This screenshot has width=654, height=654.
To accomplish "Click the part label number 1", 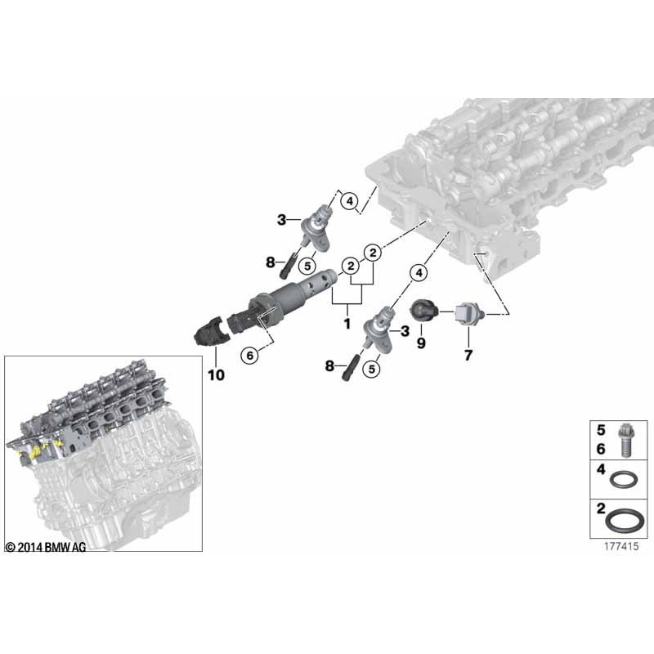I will pos(347,324).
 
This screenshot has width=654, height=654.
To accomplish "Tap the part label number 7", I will pos(468,356).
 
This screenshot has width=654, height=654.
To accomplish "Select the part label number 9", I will pos(422,344).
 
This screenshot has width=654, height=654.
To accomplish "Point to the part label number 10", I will pos(216,375).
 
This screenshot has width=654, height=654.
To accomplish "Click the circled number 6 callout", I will pos(251,354).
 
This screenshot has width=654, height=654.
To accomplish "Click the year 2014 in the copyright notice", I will pos(29,547).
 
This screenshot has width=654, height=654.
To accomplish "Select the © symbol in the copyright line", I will pos(10,547).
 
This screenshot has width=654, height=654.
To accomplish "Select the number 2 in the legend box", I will pos(601,508).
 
